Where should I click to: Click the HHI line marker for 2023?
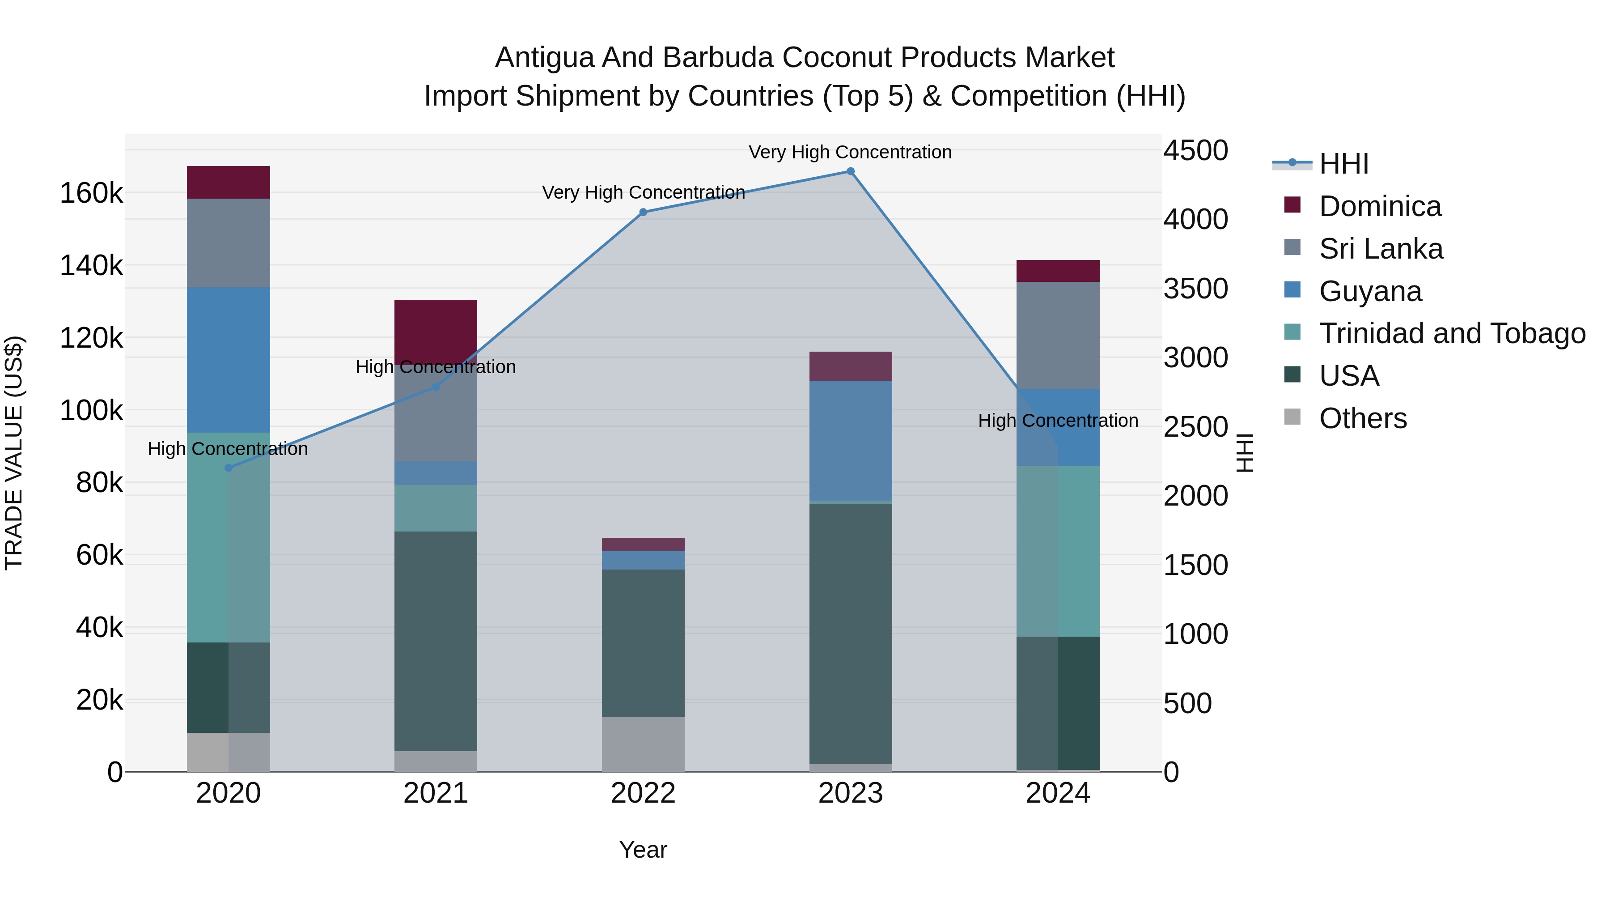click(850, 171)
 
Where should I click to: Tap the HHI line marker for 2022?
click(643, 213)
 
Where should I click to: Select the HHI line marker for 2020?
click(228, 468)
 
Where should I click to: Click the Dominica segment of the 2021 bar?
click(436, 332)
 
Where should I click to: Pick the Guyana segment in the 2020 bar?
click(228, 360)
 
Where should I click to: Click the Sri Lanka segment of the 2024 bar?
click(1058, 335)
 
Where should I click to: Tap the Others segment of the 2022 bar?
click(643, 744)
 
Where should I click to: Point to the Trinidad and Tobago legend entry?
click(1452, 333)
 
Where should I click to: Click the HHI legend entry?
click(1344, 164)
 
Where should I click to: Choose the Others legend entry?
click(1363, 418)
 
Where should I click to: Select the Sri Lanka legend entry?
click(1381, 249)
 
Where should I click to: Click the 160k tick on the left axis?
click(91, 193)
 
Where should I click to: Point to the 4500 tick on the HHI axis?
click(1195, 151)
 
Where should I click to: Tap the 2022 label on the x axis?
click(643, 793)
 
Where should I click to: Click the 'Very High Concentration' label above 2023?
click(850, 152)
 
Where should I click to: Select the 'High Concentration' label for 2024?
click(1058, 421)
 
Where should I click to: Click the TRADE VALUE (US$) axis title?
click(14, 453)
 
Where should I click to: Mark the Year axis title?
click(643, 850)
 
